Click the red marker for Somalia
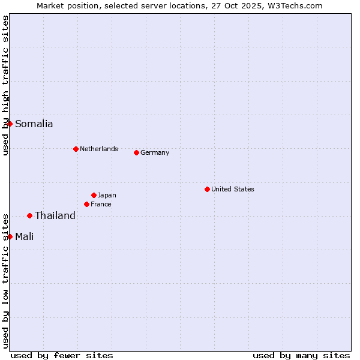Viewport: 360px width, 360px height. pyautogui.click(x=10, y=124)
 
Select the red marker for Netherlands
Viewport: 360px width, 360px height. pyautogui.click(x=76, y=149)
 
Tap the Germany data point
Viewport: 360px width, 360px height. pyautogui.click(x=136, y=152)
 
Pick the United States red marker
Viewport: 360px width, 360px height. pyautogui.click(x=207, y=189)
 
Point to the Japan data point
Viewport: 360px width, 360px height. pyautogui.click(x=94, y=195)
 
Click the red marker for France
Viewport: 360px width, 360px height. pyautogui.click(x=86, y=204)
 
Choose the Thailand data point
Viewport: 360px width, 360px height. pyautogui.click(x=29, y=215)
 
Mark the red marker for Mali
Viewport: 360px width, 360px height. pyautogui.click(x=10, y=236)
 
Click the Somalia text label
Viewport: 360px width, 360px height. pyautogui.click(x=34, y=124)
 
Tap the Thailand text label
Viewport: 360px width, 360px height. pyautogui.click(x=55, y=216)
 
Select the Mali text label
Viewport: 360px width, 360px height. pyautogui.click(x=25, y=237)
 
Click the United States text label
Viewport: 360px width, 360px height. pyautogui.click(x=233, y=190)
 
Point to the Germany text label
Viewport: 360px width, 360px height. pyautogui.click(x=155, y=153)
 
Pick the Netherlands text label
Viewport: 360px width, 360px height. pyautogui.click(x=99, y=149)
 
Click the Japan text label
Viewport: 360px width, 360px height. pyautogui.click(x=107, y=196)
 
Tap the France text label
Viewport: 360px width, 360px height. pyautogui.click(x=101, y=205)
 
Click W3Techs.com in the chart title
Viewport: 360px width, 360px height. pyautogui.click(x=295, y=6)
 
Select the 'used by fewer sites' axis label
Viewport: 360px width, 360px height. pyautogui.click(x=62, y=355)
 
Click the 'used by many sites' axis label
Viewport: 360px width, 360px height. pyautogui.click(x=301, y=355)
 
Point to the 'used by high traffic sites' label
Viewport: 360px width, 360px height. pyautogui.click(x=6, y=86)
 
